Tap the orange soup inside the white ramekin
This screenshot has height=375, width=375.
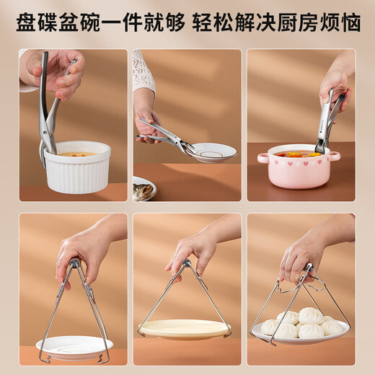click(76, 154)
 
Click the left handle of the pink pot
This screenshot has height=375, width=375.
click(262, 158)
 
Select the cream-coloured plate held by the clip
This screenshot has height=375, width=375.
click(185, 329)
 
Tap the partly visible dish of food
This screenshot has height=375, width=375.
click(143, 189)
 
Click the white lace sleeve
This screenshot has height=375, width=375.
click(143, 72)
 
